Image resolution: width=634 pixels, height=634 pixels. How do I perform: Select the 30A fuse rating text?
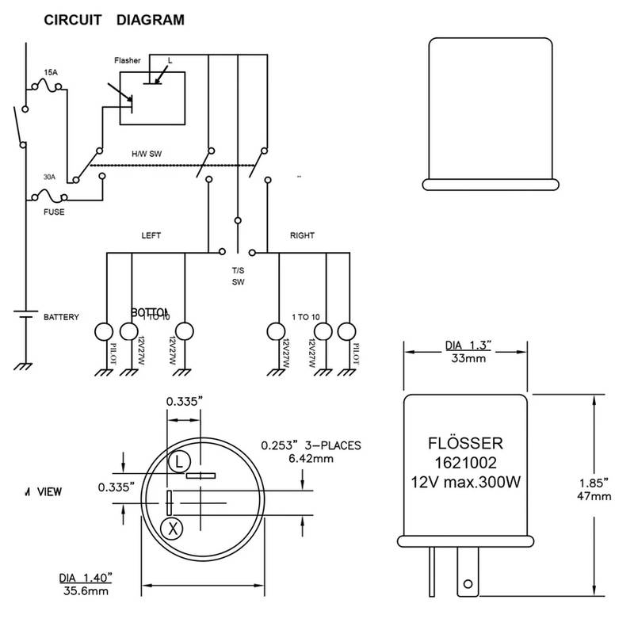click(x=49, y=178)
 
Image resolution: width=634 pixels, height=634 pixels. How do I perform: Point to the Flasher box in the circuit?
click(x=152, y=97)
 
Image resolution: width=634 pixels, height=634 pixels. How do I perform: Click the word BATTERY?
click(x=62, y=317)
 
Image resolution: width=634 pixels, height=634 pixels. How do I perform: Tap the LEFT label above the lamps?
click(x=151, y=235)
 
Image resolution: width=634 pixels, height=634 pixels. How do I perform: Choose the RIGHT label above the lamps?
click(x=302, y=235)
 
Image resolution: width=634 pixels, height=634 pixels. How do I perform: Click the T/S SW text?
click(x=238, y=275)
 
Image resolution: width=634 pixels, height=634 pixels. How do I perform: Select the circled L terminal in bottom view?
click(x=179, y=460)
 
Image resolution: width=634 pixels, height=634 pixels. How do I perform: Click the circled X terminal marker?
click(x=170, y=527)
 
